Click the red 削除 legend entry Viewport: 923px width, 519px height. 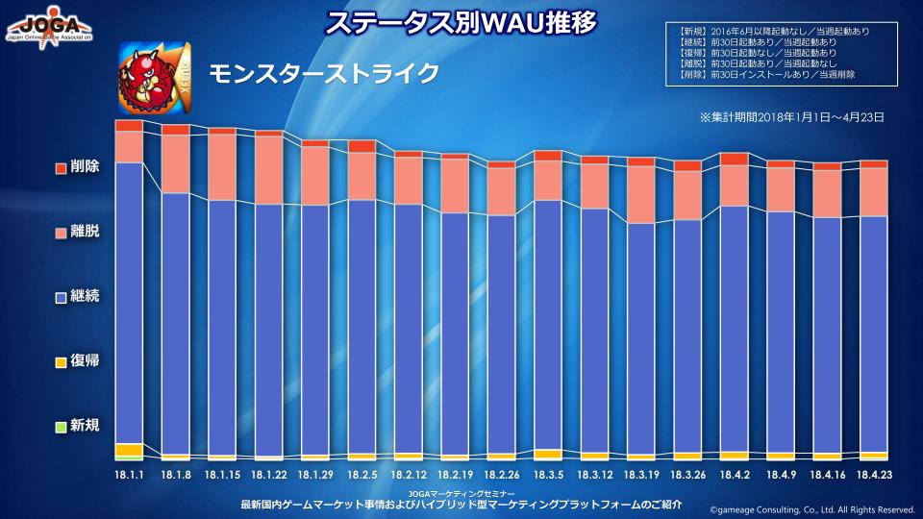77,167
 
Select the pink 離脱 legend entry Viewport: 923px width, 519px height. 77,233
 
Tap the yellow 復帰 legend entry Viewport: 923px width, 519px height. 77,361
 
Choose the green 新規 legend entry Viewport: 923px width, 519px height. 77,426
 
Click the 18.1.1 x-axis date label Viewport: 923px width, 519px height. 129,475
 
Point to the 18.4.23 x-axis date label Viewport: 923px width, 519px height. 873,475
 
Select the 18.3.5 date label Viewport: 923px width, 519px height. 548,475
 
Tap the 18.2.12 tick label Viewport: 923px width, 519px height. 409,475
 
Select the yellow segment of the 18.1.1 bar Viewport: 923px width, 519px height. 129,450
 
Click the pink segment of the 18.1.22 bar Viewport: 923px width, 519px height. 269,169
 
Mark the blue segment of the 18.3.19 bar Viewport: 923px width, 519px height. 641,336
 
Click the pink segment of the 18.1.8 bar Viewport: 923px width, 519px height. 176,163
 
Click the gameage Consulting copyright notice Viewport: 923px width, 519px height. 812,509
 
